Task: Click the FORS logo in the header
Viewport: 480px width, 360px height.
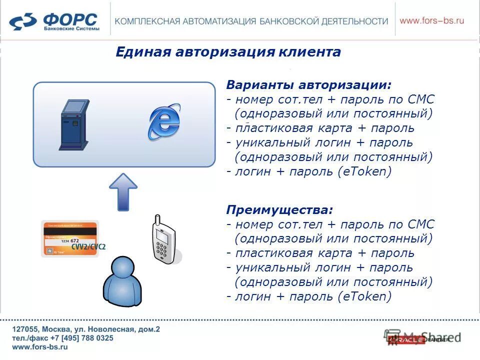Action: coord(54,21)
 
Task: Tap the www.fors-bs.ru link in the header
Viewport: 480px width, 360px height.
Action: coord(432,20)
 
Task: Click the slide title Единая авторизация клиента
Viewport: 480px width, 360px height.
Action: coord(228,52)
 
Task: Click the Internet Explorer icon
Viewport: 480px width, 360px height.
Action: coord(165,121)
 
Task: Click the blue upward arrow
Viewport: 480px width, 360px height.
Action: coord(123,191)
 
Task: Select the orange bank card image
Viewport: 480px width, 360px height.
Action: coord(70,238)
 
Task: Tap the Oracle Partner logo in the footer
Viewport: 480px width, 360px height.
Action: coord(422,338)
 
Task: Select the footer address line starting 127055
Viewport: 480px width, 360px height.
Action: coord(86,329)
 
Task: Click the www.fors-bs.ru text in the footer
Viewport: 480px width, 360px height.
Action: coord(40,347)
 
